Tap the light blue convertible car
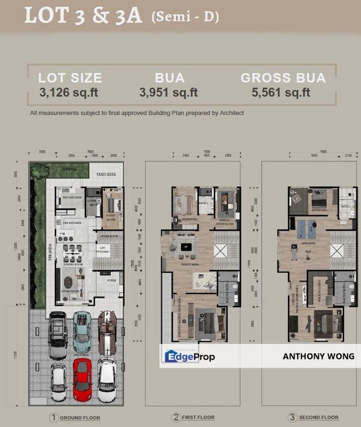[x=82, y=330]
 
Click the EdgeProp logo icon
[x=170, y=356]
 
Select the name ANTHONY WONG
[x=318, y=356]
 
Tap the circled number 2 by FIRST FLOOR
[x=175, y=417]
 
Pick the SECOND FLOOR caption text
[x=319, y=417]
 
